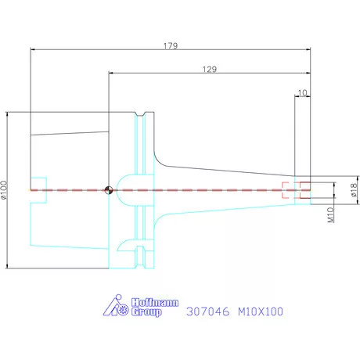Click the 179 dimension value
pos(171,46)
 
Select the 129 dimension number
pos(210,70)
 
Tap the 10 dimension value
pos(302,93)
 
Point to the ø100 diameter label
pos(4,190)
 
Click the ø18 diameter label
pos(353,190)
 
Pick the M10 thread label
pos(330,215)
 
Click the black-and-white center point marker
pos(109,190)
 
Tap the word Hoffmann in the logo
pos(155,303)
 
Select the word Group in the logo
pos(146,311)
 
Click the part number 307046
pos(208,311)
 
